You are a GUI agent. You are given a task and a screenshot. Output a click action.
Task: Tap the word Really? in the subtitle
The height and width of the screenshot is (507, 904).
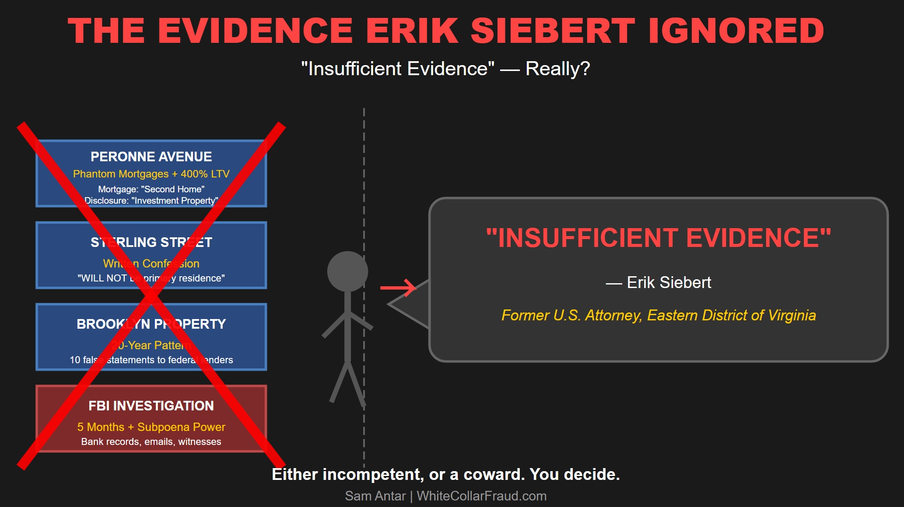pyautogui.click(x=557, y=69)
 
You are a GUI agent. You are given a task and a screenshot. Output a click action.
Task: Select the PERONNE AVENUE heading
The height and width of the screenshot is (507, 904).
pyautogui.click(x=151, y=156)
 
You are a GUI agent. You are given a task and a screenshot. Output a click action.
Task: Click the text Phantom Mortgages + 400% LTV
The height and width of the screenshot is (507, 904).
pyautogui.click(x=151, y=174)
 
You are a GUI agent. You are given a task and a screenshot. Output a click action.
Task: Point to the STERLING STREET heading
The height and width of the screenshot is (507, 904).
pyautogui.click(x=151, y=242)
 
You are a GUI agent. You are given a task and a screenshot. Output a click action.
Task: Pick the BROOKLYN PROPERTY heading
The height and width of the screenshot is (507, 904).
pyautogui.click(x=151, y=324)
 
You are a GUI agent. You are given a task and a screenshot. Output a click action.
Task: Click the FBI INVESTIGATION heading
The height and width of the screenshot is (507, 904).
pyautogui.click(x=151, y=406)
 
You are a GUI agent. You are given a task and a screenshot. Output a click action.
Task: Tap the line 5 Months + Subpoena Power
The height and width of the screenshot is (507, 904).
pyautogui.click(x=151, y=427)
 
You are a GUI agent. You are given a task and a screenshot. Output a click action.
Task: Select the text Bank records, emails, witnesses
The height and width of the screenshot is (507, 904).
pyautogui.click(x=151, y=441)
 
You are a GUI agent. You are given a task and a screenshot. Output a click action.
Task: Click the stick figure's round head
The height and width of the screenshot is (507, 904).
pyautogui.click(x=347, y=271)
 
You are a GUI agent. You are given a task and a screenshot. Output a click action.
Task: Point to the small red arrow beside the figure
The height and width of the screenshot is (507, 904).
pyautogui.click(x=398, y=288)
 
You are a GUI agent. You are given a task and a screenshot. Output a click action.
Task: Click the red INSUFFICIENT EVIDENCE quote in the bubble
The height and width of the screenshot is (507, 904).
pyautogui.click(x=658, y=238)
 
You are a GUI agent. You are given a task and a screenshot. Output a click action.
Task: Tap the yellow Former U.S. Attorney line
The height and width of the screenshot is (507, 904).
pyautogui.click(x=658, y=315)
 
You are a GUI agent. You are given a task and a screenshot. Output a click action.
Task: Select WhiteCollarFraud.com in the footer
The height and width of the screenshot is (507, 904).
pyautogui.click(x=481, y=496)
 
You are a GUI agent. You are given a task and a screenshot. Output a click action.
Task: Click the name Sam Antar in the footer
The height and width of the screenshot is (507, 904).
pyautogui.click(x=375, y=496)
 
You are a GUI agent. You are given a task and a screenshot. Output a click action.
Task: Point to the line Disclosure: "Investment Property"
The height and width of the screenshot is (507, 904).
pyautogui.click(x=151, y=201)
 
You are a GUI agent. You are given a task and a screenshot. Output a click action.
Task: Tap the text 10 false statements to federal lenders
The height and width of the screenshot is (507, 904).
pyautogui.click(x=151, y=360)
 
